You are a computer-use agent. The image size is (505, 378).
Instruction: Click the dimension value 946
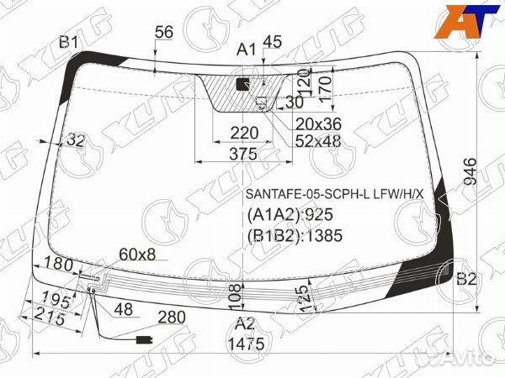(x=470, y=172)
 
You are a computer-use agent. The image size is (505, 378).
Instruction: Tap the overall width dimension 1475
(x=247, y=344)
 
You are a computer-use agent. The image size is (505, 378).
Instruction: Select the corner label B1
(x=69, y=42)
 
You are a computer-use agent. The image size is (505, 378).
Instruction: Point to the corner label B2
(x=466, y=279)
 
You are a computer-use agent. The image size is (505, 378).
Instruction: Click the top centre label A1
(x=247, y=50)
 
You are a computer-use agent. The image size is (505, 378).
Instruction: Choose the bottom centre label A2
(x=245, y=324)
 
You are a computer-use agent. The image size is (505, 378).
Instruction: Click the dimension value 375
(x=243, y=154)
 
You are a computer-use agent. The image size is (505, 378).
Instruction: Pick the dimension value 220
(x=244, y=133)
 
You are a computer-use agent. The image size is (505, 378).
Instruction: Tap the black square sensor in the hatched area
(x=243, y=84)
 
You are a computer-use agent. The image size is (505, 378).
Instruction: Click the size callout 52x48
(x=318, y=141)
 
